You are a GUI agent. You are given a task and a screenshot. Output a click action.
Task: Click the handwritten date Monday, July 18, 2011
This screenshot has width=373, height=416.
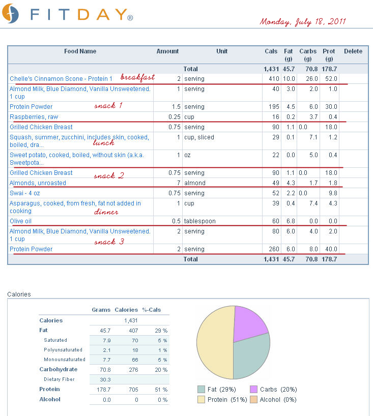coord(303,22)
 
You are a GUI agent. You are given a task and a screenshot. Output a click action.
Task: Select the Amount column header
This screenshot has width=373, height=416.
coord(167,51)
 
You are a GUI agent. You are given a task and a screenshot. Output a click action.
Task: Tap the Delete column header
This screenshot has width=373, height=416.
coord(353,51)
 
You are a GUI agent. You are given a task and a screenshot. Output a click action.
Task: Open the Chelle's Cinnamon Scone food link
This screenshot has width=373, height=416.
coord(61,79)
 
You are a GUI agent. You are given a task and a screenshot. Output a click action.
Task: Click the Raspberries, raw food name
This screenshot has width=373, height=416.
coord(34,117)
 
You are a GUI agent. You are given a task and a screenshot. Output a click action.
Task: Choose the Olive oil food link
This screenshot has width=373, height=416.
coord(21,221)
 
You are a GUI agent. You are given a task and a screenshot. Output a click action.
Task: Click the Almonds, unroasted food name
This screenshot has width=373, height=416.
coord(38,183)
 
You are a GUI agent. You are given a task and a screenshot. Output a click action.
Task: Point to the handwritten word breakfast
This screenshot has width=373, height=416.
coord(137,77)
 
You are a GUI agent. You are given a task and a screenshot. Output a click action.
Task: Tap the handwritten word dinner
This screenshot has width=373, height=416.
coord(106,212)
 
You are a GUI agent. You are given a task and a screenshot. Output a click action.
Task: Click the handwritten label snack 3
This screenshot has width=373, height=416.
coord(109,242)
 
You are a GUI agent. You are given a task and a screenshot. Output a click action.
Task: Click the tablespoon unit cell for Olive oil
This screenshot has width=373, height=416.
coord(200,221)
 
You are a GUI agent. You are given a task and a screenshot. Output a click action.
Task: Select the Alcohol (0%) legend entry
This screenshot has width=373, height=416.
coord(273,400)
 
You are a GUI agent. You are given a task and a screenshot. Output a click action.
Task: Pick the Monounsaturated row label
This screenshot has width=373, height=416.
coord(64,360)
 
